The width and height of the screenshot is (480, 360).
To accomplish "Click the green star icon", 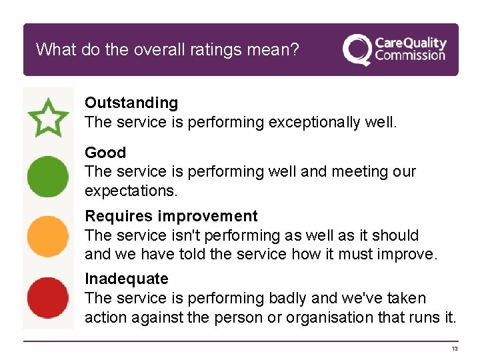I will [x=47, y=117].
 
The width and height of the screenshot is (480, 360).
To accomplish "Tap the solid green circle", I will [x=47, y=177].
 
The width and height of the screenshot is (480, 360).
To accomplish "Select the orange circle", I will [x=47, y=237].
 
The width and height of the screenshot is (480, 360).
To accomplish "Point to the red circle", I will [x=47, y=298].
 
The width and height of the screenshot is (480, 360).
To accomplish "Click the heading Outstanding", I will [x=131, y=103].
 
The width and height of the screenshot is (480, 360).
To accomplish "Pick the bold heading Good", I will [x=105, y=153].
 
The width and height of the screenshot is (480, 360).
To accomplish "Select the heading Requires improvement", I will [x=171, y=216].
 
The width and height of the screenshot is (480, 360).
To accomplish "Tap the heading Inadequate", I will [x=126, y=279].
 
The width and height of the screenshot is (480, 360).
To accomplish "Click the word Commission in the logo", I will [x=409, y=56].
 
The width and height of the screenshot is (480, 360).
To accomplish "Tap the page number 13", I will [x=454, y=349].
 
